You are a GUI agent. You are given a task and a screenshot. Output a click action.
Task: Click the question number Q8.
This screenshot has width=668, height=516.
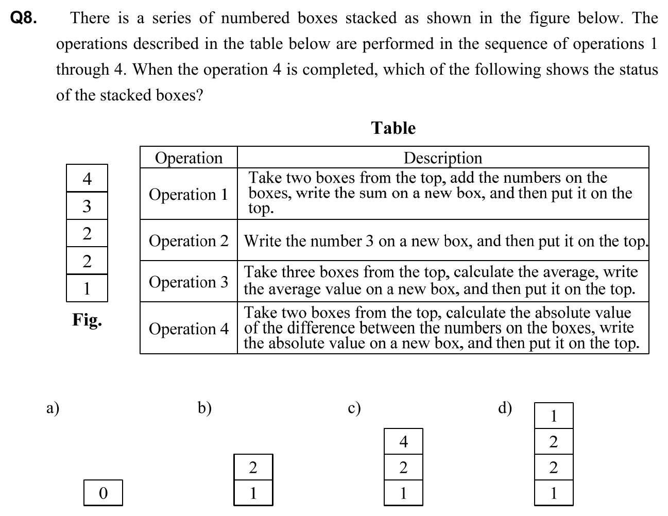click(24, 19)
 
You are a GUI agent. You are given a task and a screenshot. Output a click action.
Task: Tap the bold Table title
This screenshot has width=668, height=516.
click(393, 128)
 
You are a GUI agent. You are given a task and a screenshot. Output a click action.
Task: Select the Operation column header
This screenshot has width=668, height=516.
click(189, 158)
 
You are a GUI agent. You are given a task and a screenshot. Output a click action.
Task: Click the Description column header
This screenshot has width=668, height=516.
click(443, 158)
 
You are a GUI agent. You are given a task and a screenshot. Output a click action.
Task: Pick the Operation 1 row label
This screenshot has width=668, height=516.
click(189, 194)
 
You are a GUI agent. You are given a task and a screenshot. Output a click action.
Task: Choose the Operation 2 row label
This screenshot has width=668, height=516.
click(189, 240)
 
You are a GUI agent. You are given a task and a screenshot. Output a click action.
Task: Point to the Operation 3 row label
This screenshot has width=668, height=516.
click(189, 282)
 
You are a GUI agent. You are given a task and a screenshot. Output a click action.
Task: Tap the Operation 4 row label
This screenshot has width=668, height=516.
click(189, 328)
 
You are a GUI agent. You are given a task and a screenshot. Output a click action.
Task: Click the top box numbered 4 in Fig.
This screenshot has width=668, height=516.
click(87, 179)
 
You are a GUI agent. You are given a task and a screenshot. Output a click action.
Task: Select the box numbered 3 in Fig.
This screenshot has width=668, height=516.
click(87, 207)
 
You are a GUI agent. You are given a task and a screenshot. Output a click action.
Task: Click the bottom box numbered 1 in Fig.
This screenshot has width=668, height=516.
click(87, 288)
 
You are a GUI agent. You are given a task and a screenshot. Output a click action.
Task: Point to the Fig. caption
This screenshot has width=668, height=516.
click(87, 320)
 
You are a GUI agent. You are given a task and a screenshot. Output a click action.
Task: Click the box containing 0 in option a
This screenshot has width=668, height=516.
click(103, 493)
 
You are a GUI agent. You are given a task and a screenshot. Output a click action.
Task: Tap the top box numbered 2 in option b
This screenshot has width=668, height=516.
click(253, 467)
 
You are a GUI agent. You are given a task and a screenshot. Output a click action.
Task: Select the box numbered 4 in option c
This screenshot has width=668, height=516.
click(403, 441)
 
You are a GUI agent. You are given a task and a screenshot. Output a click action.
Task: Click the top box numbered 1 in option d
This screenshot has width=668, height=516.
click(554, 416)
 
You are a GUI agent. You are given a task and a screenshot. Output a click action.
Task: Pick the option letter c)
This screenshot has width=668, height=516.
click(354, 408)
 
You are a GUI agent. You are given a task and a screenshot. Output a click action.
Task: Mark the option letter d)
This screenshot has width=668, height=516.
click(505, 408)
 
